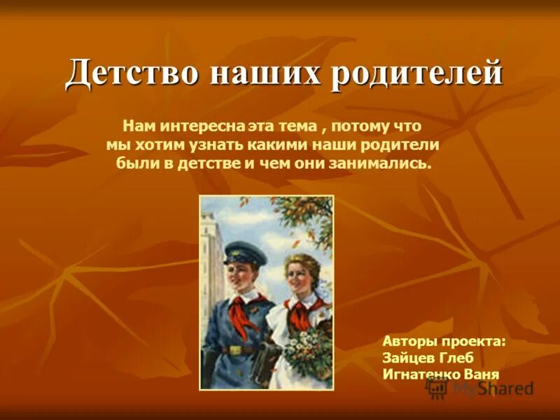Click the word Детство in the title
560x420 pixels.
125,73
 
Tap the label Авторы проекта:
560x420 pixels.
444,342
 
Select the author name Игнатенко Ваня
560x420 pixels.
441,374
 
